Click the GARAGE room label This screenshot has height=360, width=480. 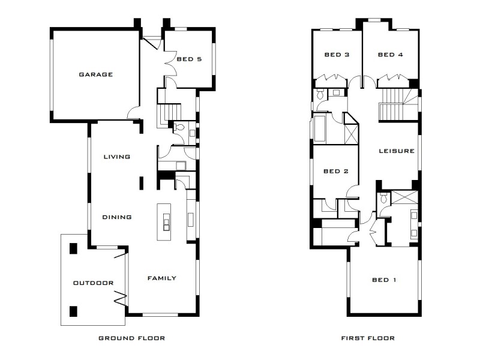pos(95,74)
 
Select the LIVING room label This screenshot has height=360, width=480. pos(116,157)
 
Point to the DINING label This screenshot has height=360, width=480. pos(116,217)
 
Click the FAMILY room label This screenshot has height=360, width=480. pos(162,278)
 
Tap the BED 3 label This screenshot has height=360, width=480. pos(337,55)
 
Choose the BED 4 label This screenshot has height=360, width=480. pos(390,55)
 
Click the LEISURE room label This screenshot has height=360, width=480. pos(397,151)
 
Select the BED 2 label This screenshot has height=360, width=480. pos(336,171)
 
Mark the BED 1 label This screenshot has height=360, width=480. pos(384,280)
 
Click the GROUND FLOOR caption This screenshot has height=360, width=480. pos(131,338)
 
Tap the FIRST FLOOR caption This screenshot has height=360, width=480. pos(368,338)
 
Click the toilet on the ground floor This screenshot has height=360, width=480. pos(179,127)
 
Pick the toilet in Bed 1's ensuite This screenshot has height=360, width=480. pos(382,199)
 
